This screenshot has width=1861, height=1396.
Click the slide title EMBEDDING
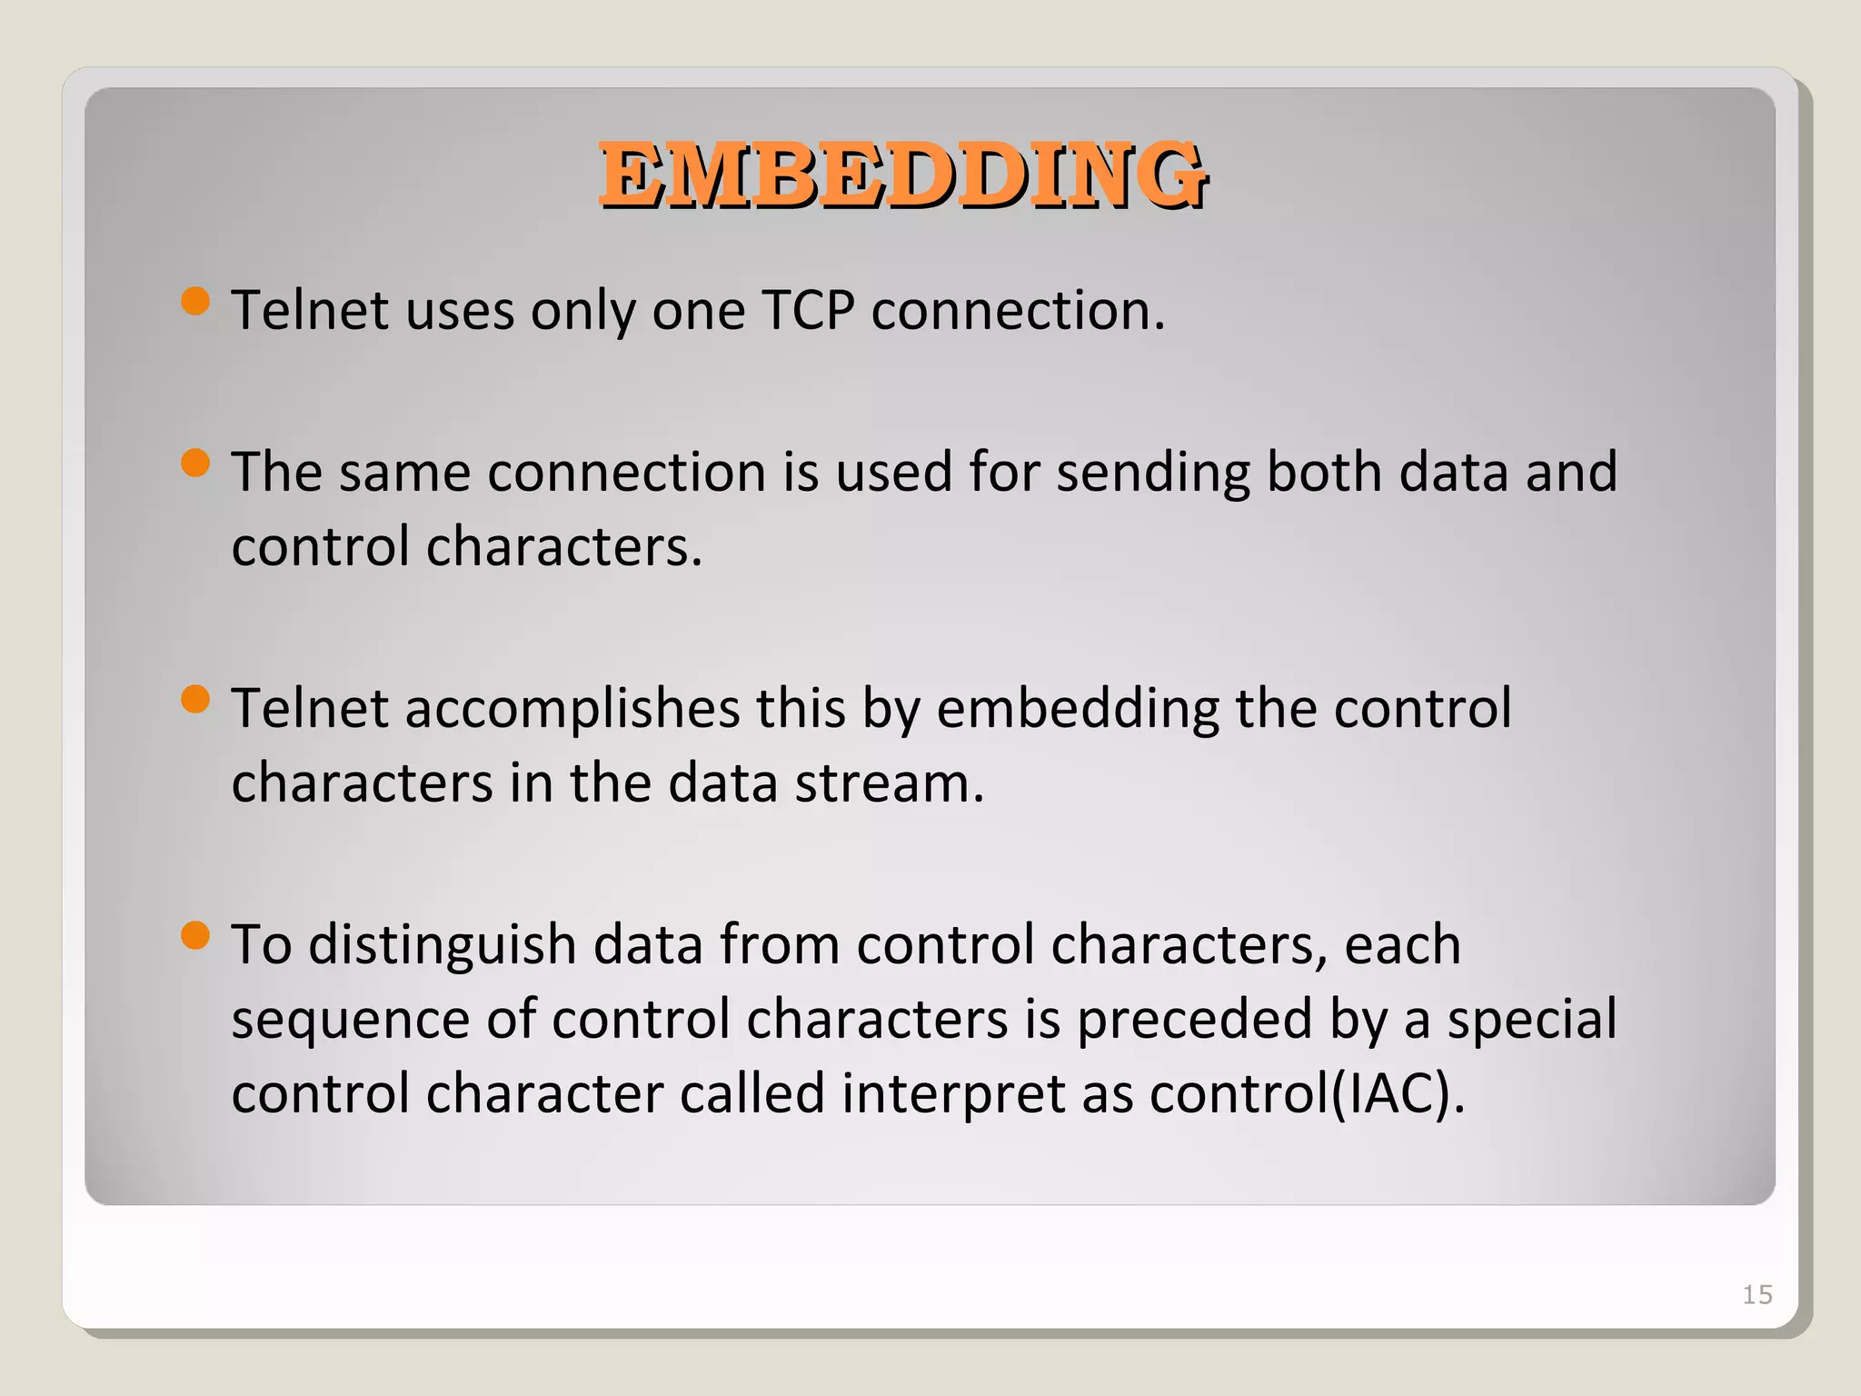[x=902, y=175]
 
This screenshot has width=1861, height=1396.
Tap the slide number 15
[x=1757, y=1294]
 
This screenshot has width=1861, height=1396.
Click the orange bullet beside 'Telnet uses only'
[x=195, y=301]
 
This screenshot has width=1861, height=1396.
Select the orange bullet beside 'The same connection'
[x=195, y=464]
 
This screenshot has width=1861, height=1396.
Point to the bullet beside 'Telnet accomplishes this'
[x=195, y=700]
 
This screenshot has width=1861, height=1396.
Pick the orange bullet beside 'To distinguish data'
[x=195, y=935]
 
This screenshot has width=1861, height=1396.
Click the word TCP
[x=808, y=311]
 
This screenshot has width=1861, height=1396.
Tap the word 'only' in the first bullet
[x=582, y=311]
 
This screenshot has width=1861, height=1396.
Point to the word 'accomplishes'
[x=572, y=710]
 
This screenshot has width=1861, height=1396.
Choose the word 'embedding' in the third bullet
[x=1077, y=710]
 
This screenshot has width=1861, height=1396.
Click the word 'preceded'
[x=1194, y=1020]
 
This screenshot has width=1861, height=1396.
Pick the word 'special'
[x=1532, y=1020]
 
